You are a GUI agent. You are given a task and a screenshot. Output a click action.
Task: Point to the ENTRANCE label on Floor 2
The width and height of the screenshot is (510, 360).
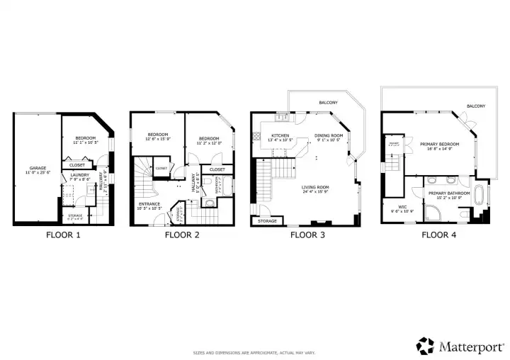[149, 205]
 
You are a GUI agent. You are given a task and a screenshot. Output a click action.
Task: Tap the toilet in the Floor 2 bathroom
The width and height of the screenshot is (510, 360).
[210, 203]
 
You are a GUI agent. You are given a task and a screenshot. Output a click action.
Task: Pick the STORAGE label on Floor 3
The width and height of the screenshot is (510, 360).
[267, 221]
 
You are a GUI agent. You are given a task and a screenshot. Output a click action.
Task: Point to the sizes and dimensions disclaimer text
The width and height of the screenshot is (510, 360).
[254, 352]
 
